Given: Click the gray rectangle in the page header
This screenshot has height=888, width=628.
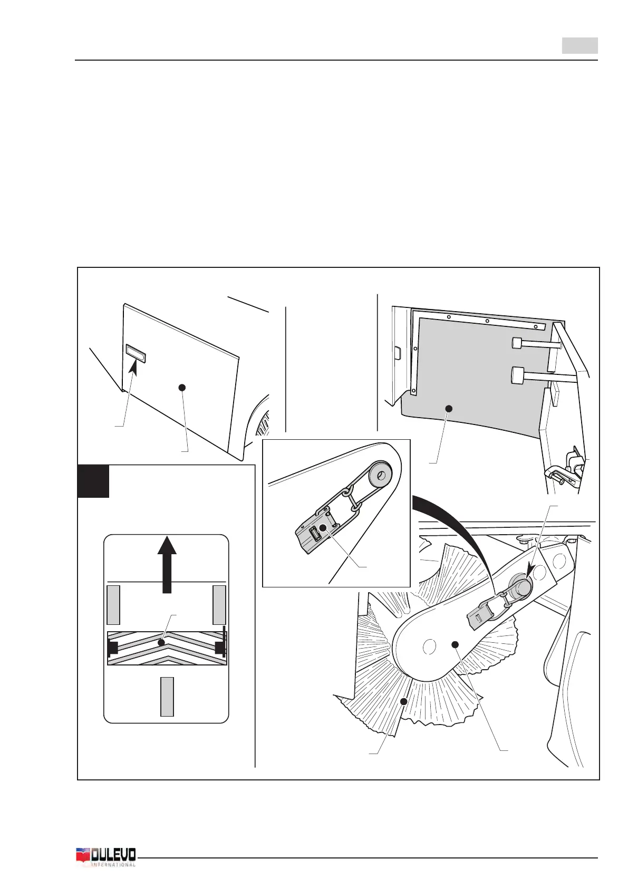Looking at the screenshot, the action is pyautogui.click(x=579, y=46).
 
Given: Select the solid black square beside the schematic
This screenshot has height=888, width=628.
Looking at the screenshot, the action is pyautogui.click(x=93, y=481).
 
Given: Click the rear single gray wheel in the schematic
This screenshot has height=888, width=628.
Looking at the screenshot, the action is pyautogui.click(x=167, y=697).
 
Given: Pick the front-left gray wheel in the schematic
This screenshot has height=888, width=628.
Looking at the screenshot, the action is pyautogui.click(x=113, y=604).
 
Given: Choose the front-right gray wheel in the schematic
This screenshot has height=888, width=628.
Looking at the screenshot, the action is pyautogui.click(x=219, y=604).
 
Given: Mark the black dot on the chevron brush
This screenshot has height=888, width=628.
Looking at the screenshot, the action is pyautogui.click(x=161, y=643).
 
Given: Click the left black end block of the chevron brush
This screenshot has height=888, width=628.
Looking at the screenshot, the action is pyautogui.click(x=112, y=648).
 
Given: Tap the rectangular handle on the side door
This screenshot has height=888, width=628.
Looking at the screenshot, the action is pyautogui.click(x=136, y=353).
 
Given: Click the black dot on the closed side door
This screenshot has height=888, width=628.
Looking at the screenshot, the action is pyautogui.click(x=182, y=388).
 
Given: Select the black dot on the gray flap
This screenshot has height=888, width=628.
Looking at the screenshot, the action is pyautogui.click(x=449, y=408).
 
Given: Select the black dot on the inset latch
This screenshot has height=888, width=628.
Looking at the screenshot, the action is pyautogui.click(x=323, y=527).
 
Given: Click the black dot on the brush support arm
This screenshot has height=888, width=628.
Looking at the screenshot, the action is pyautogui.click(x=456, y=644).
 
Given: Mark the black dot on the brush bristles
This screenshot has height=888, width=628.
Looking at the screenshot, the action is pyautogui.click(x=404, y=701).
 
